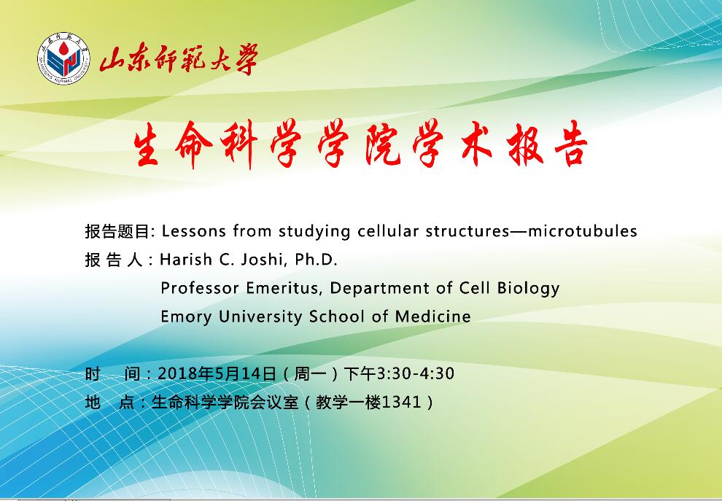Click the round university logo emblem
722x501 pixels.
pyautogui.click(x=63, y=58)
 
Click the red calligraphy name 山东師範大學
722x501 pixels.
pyautogui.click(x=179, y=59)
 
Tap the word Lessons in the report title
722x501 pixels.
pyautogui.click(x=194, y=230)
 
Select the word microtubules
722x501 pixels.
pyautogui.click(x=583, y=230)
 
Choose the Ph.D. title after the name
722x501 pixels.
pyautogui.click(x=316, y=260)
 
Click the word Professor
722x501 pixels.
pyautogui.click(x=200, y=288)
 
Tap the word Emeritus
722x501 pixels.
pyautogui.click(x=282, y=288)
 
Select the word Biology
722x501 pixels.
pyautogui.click(x=529, y=289)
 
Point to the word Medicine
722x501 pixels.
pyautogui.click(x=432, y=316)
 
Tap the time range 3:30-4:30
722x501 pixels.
pyautogui.click(x=416, y=373)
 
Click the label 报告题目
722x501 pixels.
pyautogui.click(x=117, y=231)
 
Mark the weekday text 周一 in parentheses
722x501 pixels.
pyautogui.click(x=309, y=373)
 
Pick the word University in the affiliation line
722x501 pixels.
pyautogui.click(x=260, y=317)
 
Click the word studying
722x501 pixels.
pyautogui.click(x=314, y=232)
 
